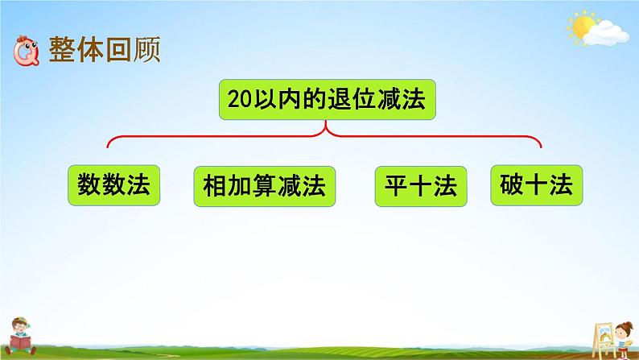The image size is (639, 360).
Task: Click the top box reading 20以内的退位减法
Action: tap(326, 100)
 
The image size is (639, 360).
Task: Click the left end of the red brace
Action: tap(109, 147)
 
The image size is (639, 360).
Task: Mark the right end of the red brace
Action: tap(541, 147)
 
